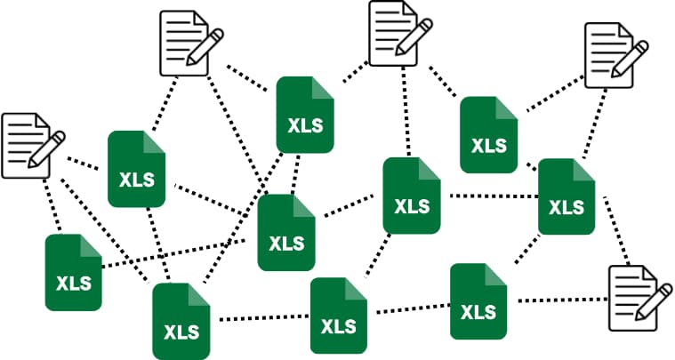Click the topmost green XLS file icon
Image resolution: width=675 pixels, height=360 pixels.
pyautogui.click(x=305, y=114)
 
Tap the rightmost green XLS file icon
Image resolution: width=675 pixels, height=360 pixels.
pyautogui.click(x=567, y=196)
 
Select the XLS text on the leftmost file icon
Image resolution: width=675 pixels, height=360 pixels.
pyautogui.click(x=74, y=284)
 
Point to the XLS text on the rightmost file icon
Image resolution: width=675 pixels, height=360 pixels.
pyautogui.click(x=567, y=208)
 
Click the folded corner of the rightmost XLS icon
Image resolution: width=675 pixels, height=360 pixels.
pyautogui.click(x=584, y=170)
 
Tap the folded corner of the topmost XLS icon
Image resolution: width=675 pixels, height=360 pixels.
pyautogui.click(x=324, y=88)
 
